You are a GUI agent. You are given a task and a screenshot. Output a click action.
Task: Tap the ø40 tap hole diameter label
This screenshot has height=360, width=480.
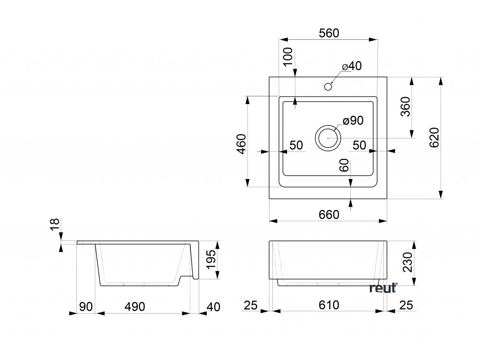pyautogui.click(x=352, y=67)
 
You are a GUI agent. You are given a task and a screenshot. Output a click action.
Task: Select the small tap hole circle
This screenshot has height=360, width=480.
pyautogui.click(x=328, y=87)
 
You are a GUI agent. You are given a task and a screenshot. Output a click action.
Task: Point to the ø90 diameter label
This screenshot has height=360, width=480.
pyautogui.click(x=353, y=121)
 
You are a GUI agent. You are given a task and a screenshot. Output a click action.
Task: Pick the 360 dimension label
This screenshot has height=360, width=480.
pyautogui.click(x=405, y=106)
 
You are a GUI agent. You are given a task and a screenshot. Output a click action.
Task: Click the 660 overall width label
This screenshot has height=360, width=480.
pyautogui.click(x=329, y=214)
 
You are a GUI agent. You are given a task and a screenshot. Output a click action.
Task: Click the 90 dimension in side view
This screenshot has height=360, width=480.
pyautogui.click(x=85, y=307)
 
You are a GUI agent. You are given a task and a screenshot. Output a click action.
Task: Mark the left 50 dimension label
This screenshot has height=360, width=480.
pyautogui.click(x=296, y=145)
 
